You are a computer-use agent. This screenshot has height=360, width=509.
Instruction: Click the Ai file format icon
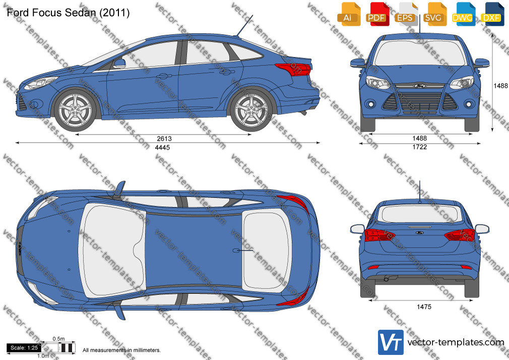pyautogui.click(x=349, y=14)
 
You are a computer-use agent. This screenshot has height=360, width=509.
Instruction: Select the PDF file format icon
pyautogui.click(x=377, y=14)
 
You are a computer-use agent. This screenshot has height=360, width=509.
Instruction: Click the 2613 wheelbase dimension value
pyautogui.click(x=164, y=139)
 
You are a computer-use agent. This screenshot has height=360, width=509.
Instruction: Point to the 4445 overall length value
pyautogui.click(x=162, y=148)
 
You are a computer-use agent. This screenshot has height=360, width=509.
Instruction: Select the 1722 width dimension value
pyautogui.click(x=419, y=147)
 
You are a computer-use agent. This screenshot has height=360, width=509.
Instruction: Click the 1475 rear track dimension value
pyautogui.click(x=424, y=307)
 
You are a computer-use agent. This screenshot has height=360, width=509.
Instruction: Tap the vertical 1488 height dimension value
pyautogui.click(x=500, y=86)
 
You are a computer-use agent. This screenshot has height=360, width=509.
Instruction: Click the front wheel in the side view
pyautogui.click(x=76, y=110)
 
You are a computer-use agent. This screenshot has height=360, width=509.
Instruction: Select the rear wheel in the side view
pyautogui.click(x=251, y=110)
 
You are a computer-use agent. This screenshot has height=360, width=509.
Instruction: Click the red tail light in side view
pyautogui.click(x=293, y=69)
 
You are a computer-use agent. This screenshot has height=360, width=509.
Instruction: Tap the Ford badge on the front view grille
pyautogui.click(x=419, y=86)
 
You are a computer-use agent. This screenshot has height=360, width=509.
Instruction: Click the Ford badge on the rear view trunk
pyautogui.click(x=420, y=232)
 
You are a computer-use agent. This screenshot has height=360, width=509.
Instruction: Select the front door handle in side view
pyautogui.click(x=164, y=76)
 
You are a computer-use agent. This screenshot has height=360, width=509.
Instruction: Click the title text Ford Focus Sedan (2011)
pyautogui.click(x=68, y=13)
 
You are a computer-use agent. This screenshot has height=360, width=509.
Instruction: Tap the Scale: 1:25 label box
pyautogui.click(x=24, y=348)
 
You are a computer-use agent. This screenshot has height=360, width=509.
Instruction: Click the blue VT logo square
pyautogui.click(x=391, y=342)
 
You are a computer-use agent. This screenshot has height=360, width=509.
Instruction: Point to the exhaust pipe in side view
pyautogui.click(x=304, y=113)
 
